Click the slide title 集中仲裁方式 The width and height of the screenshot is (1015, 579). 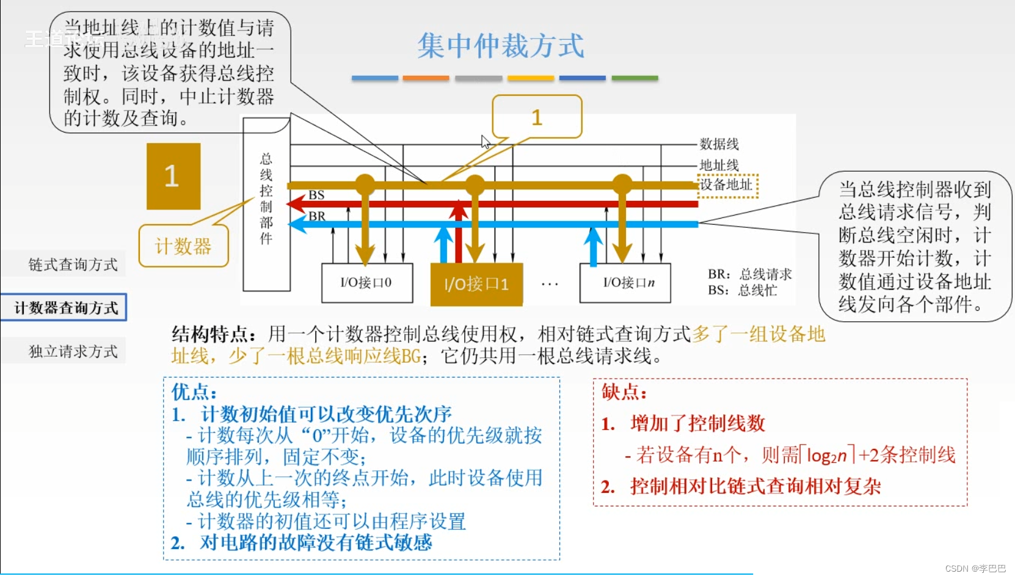(501, 46)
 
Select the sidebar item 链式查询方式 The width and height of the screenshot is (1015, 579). (73, 264)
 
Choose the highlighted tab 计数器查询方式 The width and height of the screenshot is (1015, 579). (65, 307)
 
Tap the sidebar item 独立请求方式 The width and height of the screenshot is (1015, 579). (73, 351)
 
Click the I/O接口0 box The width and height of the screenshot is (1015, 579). (366, 283)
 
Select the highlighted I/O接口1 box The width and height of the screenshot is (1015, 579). (476, 284)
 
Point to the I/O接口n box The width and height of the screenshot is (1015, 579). (625, 283)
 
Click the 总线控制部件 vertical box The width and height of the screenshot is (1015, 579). (266, 202)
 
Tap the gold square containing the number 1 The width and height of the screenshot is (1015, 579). (173, 177)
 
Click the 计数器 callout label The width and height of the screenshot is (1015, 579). (183, 246)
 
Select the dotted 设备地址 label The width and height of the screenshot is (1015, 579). (727, 185)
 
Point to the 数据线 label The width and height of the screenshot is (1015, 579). (719, 144)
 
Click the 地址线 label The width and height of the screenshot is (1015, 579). (719, 165)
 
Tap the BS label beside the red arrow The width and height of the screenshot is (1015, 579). (316, 195)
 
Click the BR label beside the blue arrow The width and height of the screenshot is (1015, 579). (316, 216)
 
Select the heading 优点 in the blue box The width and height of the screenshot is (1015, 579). (194, 391)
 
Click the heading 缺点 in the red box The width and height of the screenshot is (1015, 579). (624, 391)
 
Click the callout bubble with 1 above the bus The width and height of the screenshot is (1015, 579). (537, 117)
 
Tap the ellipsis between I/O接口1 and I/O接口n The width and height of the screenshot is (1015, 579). (550, 284)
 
